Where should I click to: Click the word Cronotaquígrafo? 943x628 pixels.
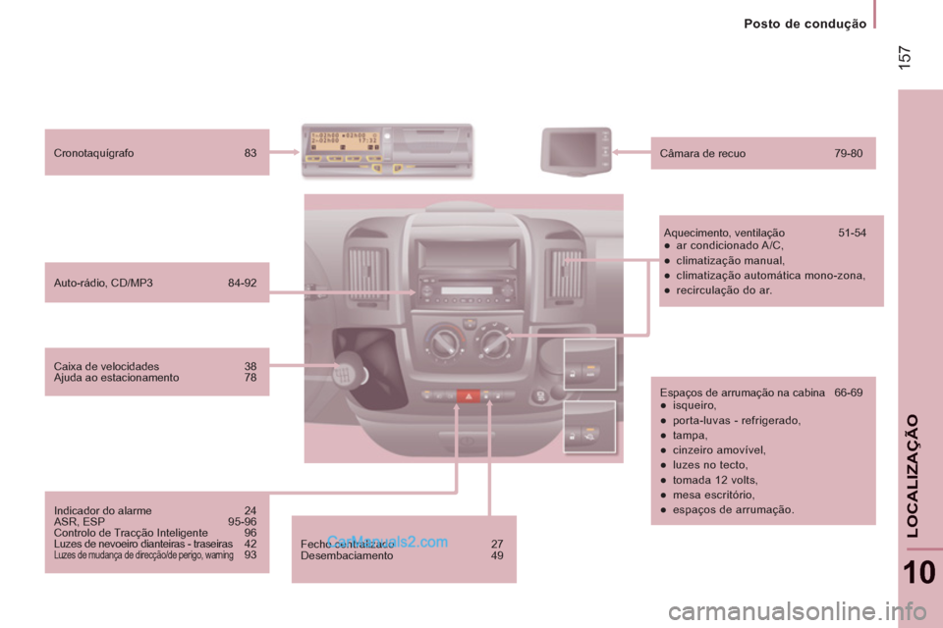point(94,153)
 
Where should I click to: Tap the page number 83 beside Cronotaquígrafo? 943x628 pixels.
point(250,153)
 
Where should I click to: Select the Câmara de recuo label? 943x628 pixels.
point(704,153)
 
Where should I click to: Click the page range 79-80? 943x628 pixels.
point(848,153)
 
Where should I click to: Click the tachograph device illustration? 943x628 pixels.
point(386,150)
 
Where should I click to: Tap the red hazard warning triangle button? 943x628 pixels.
point(467,396)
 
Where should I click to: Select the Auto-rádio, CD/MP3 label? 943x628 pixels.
point(103,283)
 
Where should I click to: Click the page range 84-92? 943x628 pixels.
point(242,283)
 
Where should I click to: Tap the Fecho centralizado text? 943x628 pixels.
point(347,543)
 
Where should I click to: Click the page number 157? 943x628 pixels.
point(905,58)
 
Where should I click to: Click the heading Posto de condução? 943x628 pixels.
point(804,24)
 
